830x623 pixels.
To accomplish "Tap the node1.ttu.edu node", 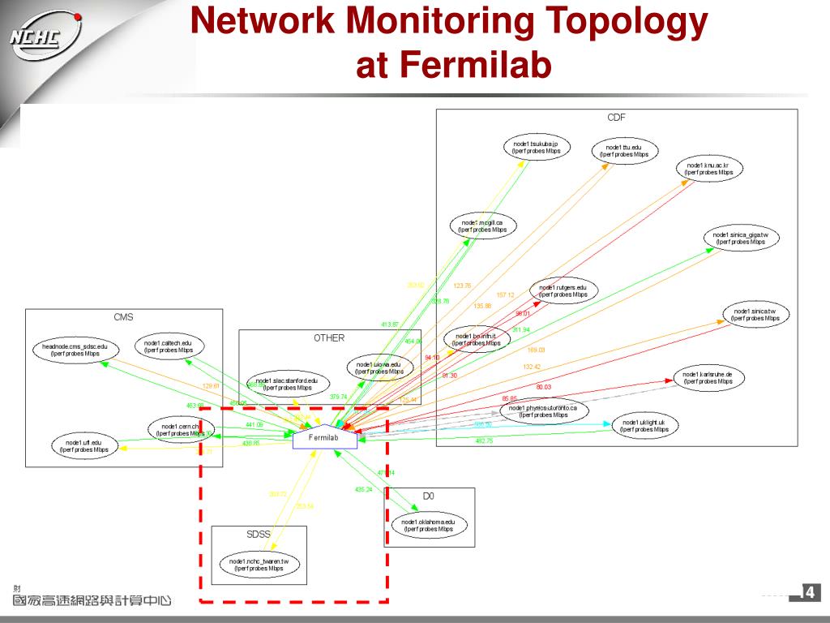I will pos(624,150).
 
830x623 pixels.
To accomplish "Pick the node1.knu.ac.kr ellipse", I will pos(709,169).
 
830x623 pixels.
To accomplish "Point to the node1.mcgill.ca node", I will pos(482,226).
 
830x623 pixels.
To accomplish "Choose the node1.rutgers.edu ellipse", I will pos(563,290).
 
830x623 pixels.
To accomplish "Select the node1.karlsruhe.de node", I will pos(708,378).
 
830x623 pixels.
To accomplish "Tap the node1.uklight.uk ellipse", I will pos(644,426).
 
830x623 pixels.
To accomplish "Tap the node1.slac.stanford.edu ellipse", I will pos(286,385).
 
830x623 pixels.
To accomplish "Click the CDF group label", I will pos(617,118).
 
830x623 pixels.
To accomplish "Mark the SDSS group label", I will pos(259,535).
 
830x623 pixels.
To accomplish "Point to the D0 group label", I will pos(429,496).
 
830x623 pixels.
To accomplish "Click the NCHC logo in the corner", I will pos(45,37).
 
